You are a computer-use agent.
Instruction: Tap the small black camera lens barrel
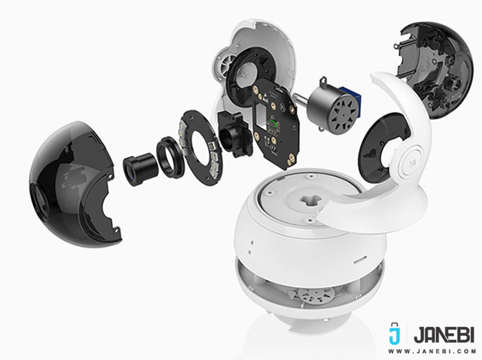[x=140, y=169]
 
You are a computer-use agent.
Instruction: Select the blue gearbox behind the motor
[x=351, y=94]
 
